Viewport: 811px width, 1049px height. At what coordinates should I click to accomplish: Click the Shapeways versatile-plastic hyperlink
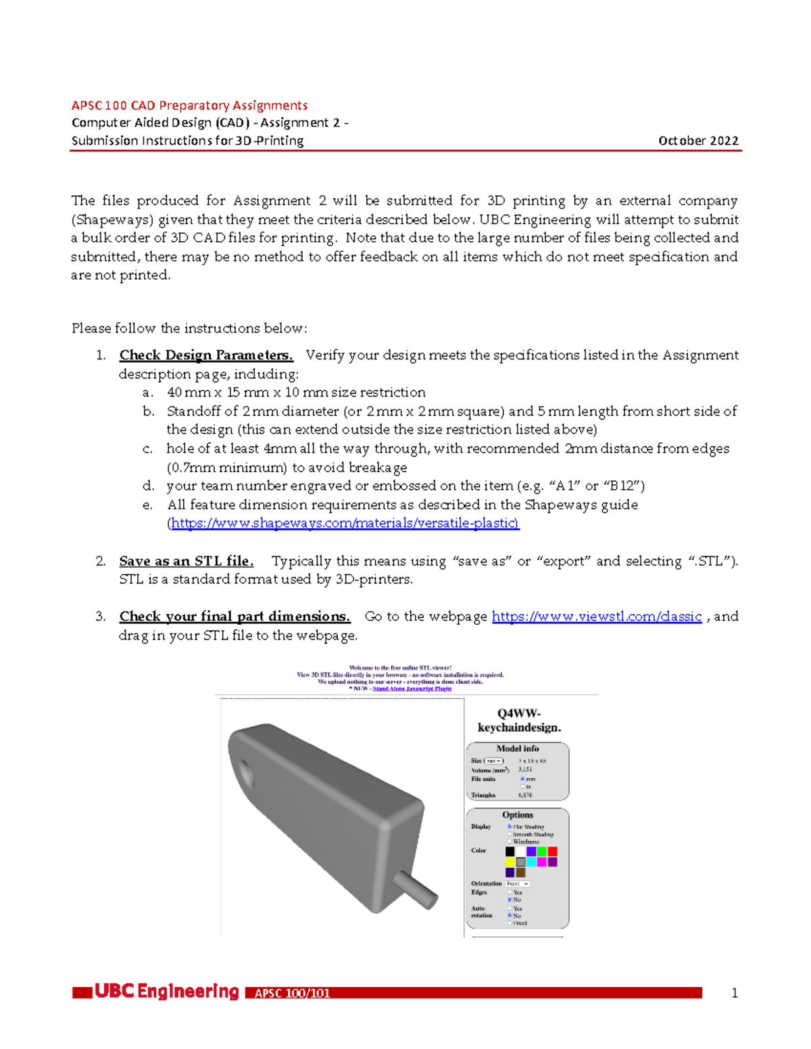(345, 523)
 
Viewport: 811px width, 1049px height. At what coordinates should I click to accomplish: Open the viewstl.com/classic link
(596, 616)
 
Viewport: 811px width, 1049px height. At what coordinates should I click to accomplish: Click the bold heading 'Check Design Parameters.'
(206, 355)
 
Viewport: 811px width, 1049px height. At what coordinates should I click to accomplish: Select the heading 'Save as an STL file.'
(187, 561)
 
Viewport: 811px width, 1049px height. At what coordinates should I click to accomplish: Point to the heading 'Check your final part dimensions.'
(235, 616)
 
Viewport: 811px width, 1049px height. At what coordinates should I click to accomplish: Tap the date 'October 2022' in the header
(698, 140)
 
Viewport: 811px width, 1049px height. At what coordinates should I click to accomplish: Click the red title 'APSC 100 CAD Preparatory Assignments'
(189, 105)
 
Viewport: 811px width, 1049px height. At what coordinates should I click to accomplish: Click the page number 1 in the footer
(734, 993)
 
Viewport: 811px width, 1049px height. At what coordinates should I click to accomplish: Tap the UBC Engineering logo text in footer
(166, 992)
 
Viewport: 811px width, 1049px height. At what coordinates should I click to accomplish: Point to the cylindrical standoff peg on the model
(415, 888)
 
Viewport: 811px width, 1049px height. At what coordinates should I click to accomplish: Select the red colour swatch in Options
(552, 852)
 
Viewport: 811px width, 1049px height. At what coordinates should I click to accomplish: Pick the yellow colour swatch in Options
(510, 863)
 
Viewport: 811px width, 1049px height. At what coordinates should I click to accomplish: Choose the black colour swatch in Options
(510, 852)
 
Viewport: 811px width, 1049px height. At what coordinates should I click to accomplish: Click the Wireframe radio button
(510, 842)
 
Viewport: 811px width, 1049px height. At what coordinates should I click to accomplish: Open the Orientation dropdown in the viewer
(518, 884)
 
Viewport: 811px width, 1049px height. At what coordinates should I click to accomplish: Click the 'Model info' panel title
(518, 748)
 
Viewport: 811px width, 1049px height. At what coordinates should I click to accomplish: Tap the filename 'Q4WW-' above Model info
(519, 713)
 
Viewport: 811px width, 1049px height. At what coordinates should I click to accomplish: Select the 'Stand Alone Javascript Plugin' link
(412, 688)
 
